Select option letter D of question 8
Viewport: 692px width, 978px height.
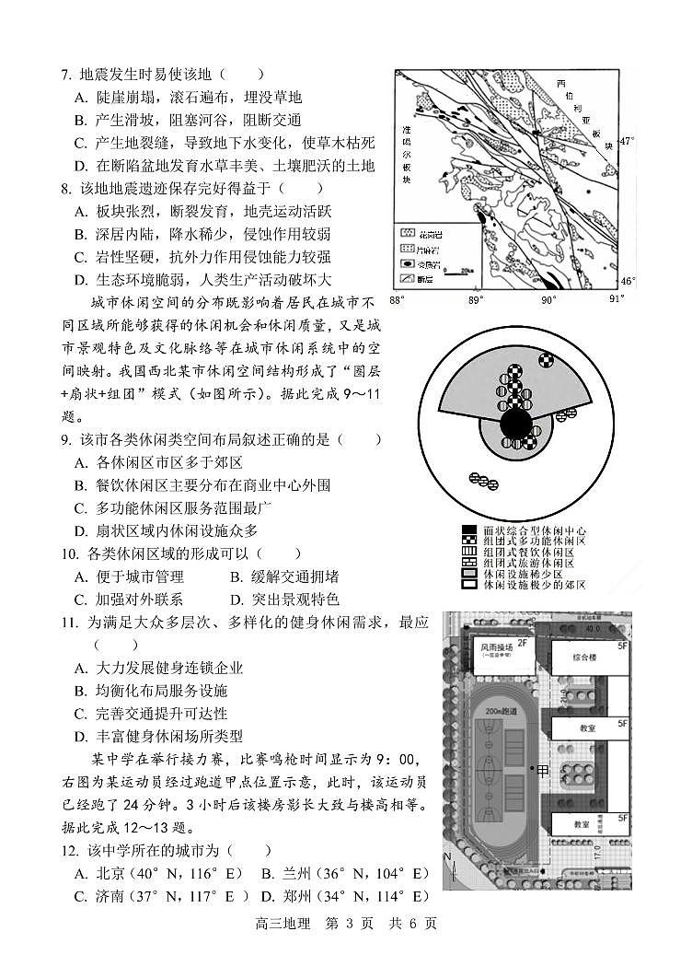tap(80, 280)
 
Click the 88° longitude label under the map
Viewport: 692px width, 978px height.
tap(397, 300)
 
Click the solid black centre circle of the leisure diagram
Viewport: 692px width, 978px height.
tap(517, 425)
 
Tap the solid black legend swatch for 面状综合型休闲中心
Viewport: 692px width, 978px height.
tap(470, 531)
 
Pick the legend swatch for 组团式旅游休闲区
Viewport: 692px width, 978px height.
tap(470, 564)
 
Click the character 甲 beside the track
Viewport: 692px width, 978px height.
tap(543, 770)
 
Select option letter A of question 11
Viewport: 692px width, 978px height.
tap(80, 668)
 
